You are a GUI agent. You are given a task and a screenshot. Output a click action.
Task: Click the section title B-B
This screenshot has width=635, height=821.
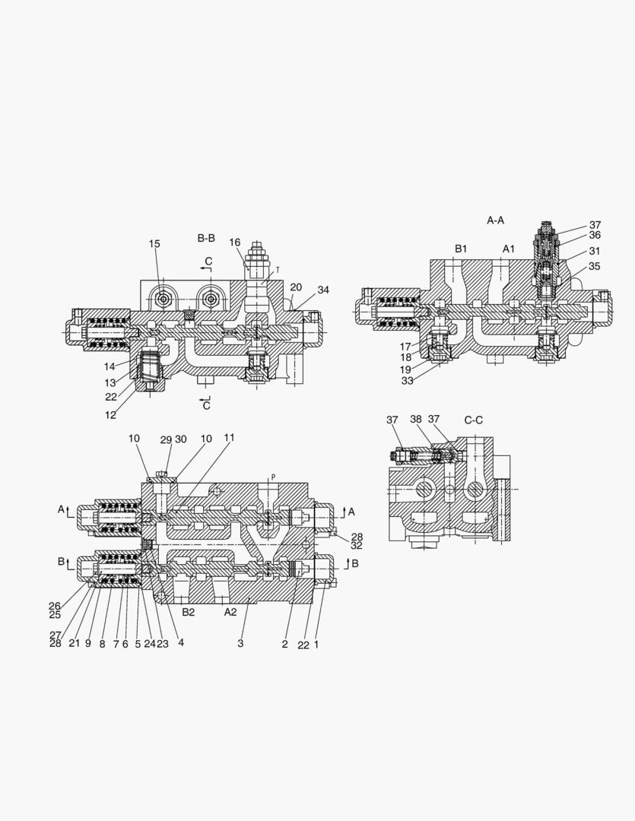(206, 239)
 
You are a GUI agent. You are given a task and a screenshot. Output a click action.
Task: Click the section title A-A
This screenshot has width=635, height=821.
(496, 220)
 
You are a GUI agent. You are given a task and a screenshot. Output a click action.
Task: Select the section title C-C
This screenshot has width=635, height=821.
(474, 420)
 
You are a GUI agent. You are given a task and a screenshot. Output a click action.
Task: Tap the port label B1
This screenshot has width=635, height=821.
(462, 249)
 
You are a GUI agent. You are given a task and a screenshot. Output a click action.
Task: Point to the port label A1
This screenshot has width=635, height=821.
(509, 249)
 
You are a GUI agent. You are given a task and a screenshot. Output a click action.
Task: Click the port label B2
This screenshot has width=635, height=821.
(189, 611)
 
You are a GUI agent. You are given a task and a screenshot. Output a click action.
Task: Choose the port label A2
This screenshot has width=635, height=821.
(230, 611)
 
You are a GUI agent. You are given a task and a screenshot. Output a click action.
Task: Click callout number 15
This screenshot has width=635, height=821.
(154, 244)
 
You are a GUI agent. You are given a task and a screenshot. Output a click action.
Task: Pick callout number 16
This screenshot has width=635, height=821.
(235, 242)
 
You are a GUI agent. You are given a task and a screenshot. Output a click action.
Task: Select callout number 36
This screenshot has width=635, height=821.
(595, 236)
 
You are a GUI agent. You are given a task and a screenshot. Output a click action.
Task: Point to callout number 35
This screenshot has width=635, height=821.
(594, 267)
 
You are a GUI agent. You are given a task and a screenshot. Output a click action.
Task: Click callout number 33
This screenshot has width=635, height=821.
(408, 381)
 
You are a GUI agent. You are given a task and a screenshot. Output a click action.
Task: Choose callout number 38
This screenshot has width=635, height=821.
(416, 420)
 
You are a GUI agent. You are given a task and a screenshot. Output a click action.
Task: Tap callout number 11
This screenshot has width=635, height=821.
(229, 438)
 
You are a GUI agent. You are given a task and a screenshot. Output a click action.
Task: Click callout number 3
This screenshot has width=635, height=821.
(240, 644)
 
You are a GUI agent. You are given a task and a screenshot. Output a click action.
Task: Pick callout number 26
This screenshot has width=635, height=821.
(55, 606)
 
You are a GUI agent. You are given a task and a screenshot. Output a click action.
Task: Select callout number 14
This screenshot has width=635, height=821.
(110, 365)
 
